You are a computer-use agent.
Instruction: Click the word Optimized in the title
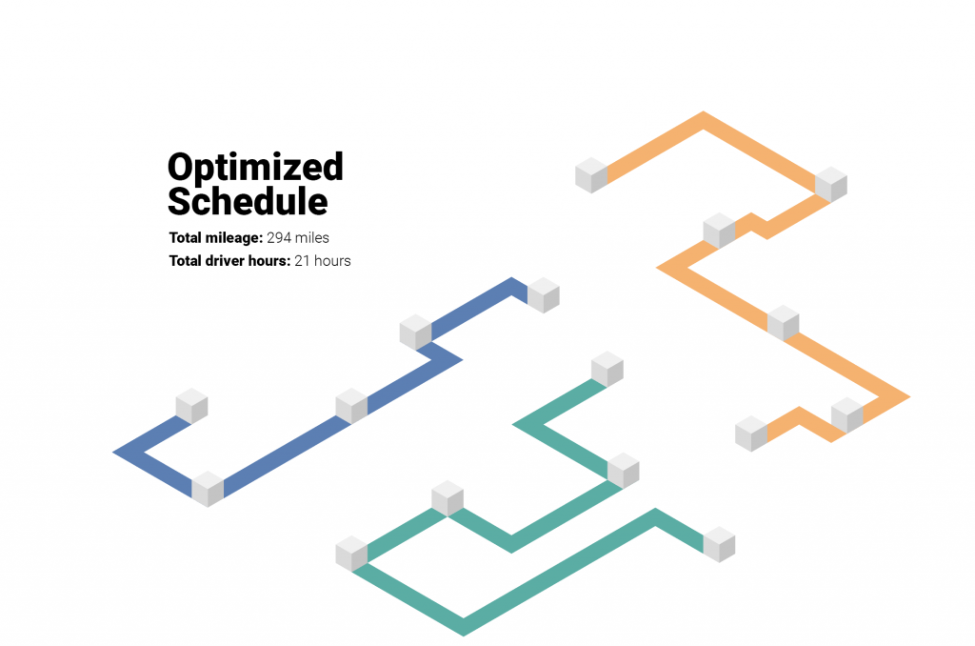[x=255, y=168]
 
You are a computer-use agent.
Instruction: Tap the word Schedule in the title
[x=248, y=201]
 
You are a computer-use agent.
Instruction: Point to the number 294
[x=279, y=238]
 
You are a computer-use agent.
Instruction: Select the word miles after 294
[x=312, y=238]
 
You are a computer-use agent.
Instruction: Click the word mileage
[x=234, y=238]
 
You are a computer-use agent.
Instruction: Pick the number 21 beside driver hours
[x=302, y=261]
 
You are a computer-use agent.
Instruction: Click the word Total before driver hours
[x=186, y=261]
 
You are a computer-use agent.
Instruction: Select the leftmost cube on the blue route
[x=191, y=406]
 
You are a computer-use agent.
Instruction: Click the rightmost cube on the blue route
[x=544, y=295]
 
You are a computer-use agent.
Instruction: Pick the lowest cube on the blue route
[x=208, y=489]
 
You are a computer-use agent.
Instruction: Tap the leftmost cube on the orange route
[x=591, y=175]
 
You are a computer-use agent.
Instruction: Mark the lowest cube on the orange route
[x=751, y=434]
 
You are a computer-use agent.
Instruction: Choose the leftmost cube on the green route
[x=352, y=554]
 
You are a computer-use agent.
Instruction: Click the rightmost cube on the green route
[x=720, y=544]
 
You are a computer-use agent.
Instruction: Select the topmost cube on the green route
[x=607, y=369]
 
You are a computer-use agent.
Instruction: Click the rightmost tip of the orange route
[x=910, y=396]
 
